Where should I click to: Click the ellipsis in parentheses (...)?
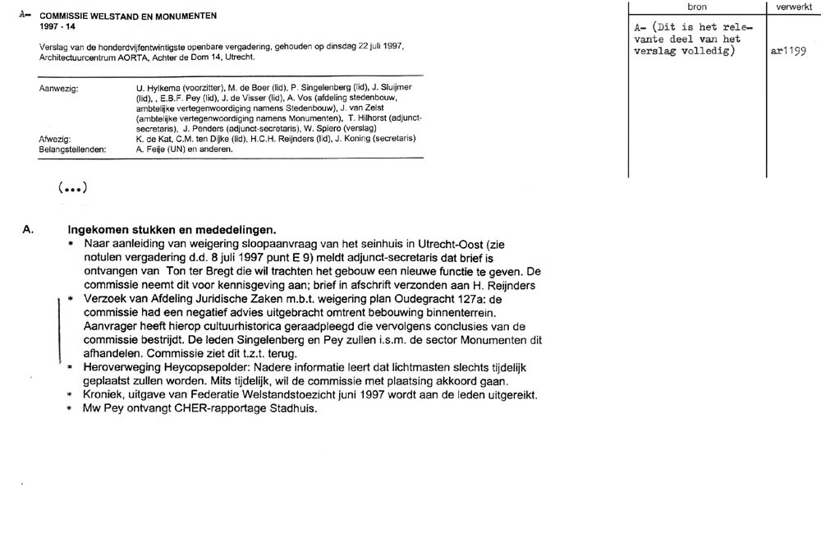[72, 188]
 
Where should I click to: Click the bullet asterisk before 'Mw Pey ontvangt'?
[72, 409]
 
